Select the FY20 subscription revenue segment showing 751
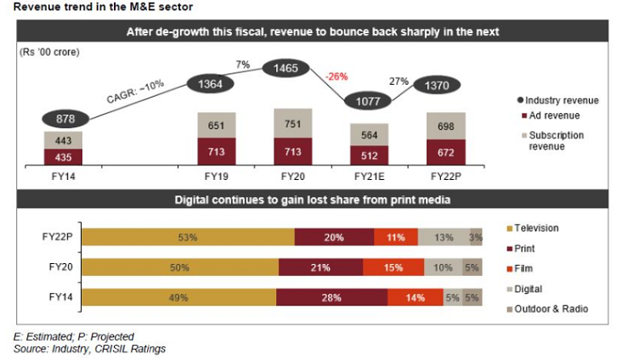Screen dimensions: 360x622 point(289,125)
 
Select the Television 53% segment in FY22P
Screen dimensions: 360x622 point(188,237)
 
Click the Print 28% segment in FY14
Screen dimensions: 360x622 point(331,297)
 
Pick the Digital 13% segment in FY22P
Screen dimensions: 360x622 point(443,237)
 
